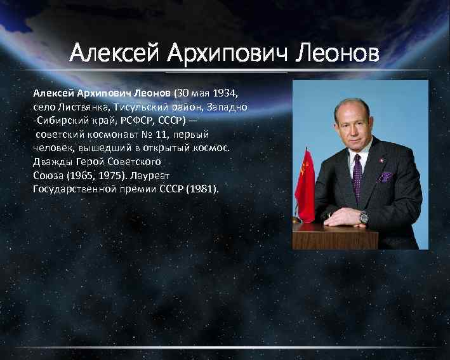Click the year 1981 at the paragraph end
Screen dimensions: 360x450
(202, 189)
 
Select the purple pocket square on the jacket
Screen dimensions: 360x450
(385, 177)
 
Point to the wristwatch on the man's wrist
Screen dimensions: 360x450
(364, 217)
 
